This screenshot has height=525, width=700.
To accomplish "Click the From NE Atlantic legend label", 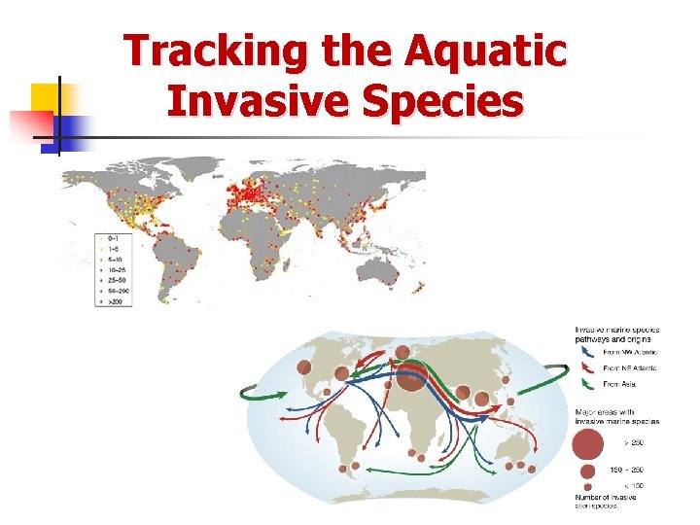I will coord(630,368).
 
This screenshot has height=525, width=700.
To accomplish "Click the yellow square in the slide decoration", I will coord(46,97).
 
